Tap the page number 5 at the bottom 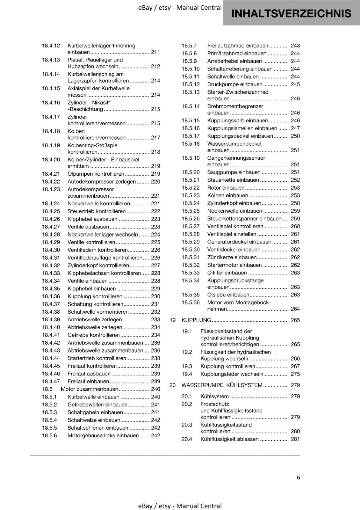(x=298, y=477)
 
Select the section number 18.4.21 (x=51, y=174)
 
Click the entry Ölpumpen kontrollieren (x=96, y=174)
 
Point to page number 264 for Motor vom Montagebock (x=295, y=309)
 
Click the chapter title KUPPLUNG (x=196, y=320)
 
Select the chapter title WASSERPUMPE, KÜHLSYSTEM (x=222, y=385)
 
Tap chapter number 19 (x=173, y=320)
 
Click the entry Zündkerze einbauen (x=232, y=257)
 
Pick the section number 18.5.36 (x=191, y=302)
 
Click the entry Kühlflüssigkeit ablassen (x=229, y=439)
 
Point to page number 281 (x=295, y=439)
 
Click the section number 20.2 (x=187, y=404)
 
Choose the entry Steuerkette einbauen (x=233, y=180)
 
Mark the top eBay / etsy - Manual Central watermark (x=180, y=8)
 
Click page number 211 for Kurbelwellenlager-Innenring (x=155, y=52)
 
